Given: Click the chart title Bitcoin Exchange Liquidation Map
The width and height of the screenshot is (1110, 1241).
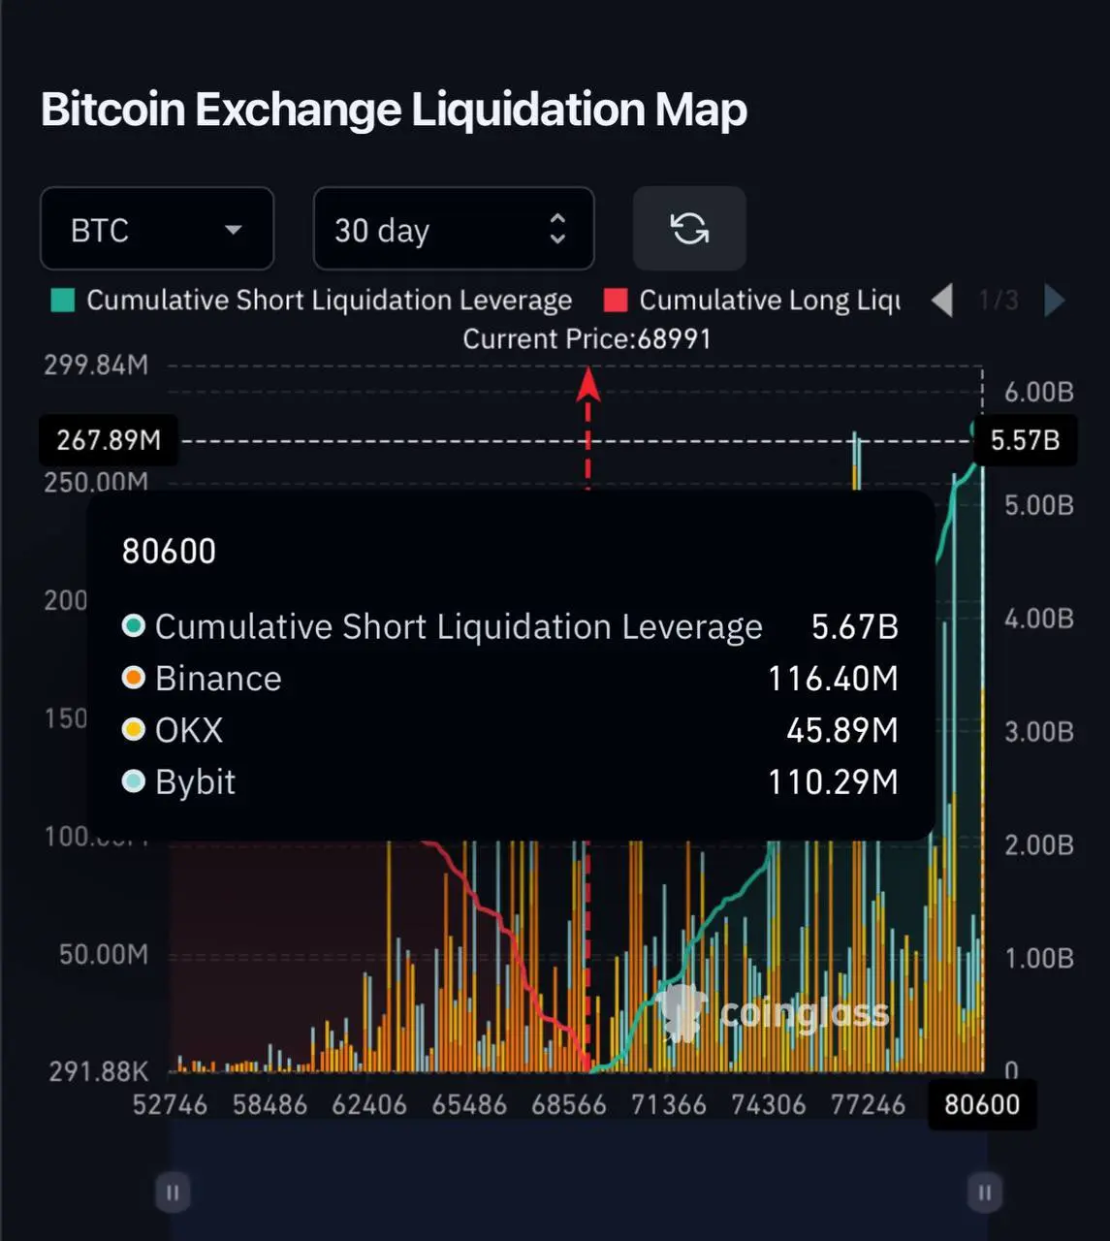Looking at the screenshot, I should (x=394, y=110).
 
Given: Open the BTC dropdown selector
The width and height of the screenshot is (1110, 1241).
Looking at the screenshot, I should (x=157, y=229).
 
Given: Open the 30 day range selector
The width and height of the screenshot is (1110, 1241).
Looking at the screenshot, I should (x=453, y=229).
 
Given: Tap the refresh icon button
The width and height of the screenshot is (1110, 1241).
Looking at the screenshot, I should (x=689, y=229).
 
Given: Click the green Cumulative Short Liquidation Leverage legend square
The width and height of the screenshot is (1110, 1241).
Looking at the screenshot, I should (x=63, y=301).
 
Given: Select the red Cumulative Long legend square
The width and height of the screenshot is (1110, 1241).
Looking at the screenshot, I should (x=615, y=301).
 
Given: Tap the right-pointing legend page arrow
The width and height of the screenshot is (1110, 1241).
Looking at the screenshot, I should (x=1055, y=301).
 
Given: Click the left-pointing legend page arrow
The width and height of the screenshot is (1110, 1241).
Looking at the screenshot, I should (x=942, y=301).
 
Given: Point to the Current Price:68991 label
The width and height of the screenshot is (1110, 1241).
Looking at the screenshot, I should (x=587, y=339).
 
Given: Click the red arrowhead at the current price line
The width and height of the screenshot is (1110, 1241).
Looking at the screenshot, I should (x=587, y=386).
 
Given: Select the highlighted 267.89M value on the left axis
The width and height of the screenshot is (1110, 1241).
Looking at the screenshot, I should (x=109, y=440).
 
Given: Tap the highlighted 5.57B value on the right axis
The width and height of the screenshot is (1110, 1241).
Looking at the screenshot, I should (x=1025, y=440).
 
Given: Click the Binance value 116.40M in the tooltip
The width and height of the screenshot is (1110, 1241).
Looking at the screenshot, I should (x=833, y=679).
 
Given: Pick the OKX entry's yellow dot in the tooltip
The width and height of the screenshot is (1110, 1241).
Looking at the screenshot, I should (x=134, y=730).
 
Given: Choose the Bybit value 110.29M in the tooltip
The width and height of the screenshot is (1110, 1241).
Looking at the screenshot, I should (x=833, y=782).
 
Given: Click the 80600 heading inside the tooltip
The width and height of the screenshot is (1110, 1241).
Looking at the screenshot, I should (x=169, y=552).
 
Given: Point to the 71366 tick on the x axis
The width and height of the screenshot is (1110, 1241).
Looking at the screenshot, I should (x=669, y=1105).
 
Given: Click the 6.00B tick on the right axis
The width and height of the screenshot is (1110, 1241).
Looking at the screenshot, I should (x=1038, y=392).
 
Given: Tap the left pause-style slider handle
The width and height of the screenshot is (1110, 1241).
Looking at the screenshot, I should (x=173, y=1193).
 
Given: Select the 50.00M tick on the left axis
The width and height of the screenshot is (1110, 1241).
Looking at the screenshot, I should (x=104, y=955).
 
